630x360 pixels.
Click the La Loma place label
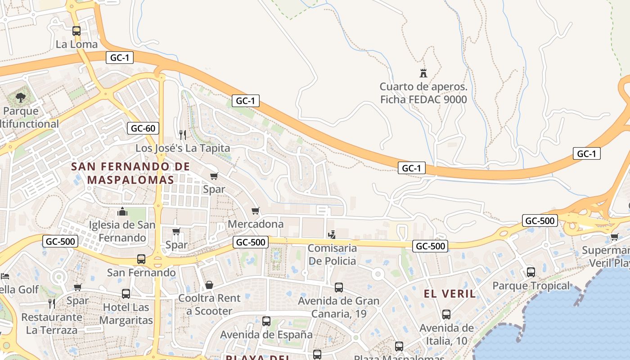click(76, 44)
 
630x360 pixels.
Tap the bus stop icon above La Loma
click(76, 31)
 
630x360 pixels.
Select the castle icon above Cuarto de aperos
click(423, 73)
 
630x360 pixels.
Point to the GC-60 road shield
click(143, 128)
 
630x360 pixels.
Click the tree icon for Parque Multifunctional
click(20, 97)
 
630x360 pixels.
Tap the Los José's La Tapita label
click(183, 148)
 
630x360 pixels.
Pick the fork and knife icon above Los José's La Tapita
click(182, 135)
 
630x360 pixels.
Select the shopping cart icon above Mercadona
click(256, 211)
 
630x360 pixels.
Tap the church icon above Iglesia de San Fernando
click(122, 211)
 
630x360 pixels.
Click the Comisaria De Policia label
click(332, 254)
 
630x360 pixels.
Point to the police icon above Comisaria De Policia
click(332, 234)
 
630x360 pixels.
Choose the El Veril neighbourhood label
click(450, 294)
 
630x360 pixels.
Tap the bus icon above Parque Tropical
click(531, 272)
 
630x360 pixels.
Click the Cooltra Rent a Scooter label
click(209, 304)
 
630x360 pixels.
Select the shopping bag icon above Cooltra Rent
click(209, 285)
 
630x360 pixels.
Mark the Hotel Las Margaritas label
click(126, 314)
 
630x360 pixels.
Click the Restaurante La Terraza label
click(52, 323)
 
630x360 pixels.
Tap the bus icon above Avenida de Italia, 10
click(446, 315)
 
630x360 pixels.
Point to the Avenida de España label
click(266, 335)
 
